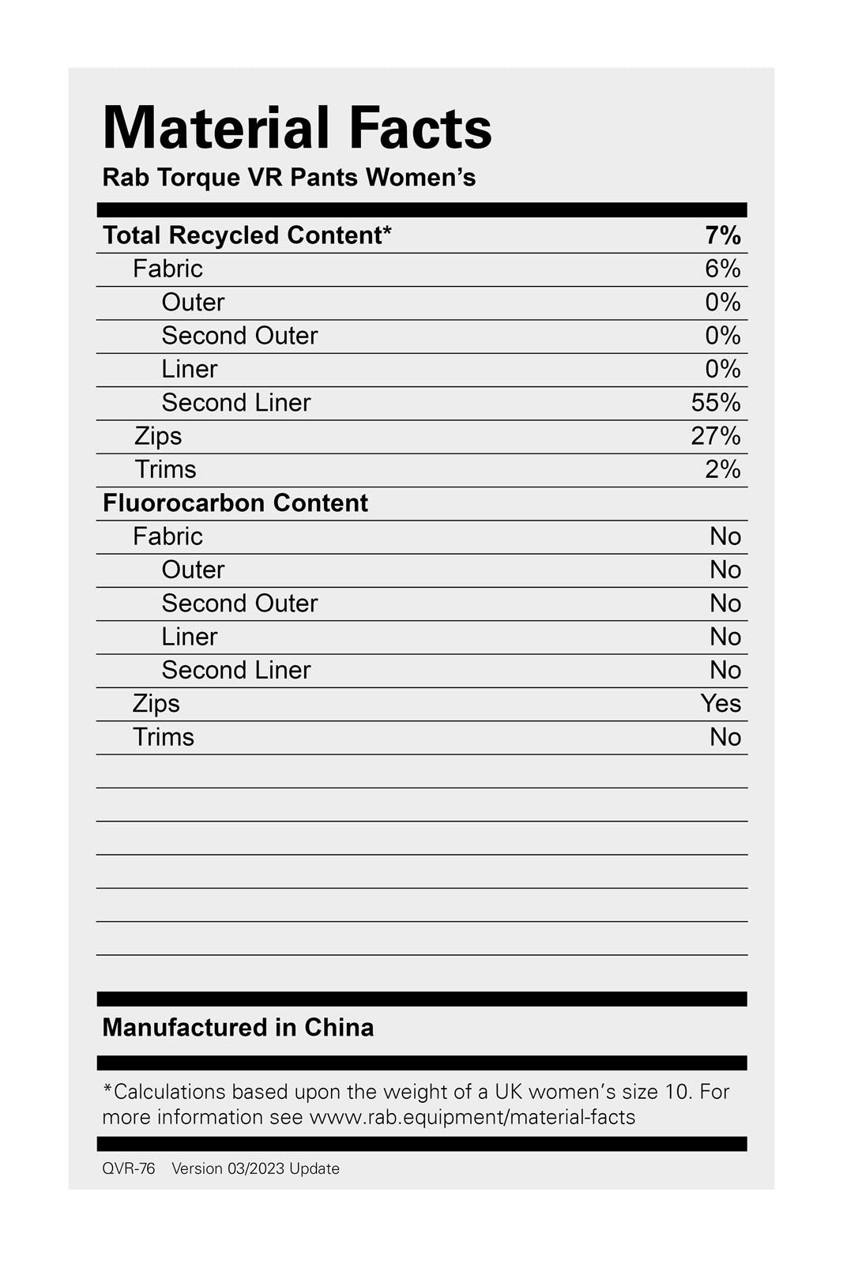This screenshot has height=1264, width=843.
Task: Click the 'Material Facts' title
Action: [x=297, y=128]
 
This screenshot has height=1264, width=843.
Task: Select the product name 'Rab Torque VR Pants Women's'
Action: [x=289, y=177]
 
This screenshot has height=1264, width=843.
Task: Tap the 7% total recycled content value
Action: [x=723, y=235]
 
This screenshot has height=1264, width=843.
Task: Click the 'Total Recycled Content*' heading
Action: [x=247, y=235]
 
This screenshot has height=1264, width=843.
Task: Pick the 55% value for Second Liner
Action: [x=716, y=403]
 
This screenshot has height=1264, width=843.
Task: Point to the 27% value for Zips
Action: [x=716, y=436]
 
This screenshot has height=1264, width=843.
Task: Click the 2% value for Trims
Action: [x=723, y=469]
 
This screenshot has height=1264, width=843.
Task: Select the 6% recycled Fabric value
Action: [x=723, y=269]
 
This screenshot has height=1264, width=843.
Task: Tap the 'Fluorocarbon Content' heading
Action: [x=235, y=503]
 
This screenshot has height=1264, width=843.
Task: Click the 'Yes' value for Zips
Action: [x=721, y=703]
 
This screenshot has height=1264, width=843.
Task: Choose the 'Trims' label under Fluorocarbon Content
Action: [x=164, y=737]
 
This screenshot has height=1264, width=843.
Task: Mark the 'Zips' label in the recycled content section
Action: [x=158, y=436]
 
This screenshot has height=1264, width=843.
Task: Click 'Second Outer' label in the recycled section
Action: [x=239, y=336]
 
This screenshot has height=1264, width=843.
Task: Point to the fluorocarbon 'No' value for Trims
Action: [x=725, y=737]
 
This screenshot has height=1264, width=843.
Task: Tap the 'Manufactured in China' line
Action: [x=238, y=1027]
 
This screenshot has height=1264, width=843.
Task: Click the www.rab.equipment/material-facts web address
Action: [x=472, y=1117]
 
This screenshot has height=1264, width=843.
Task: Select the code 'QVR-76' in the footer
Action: [x=129, y=1168]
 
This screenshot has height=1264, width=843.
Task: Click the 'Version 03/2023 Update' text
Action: [x=255, y=1168]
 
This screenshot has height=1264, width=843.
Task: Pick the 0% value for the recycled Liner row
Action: [x=723, y=369]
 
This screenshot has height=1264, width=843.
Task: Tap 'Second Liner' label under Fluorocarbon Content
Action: [x=236, y=670]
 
